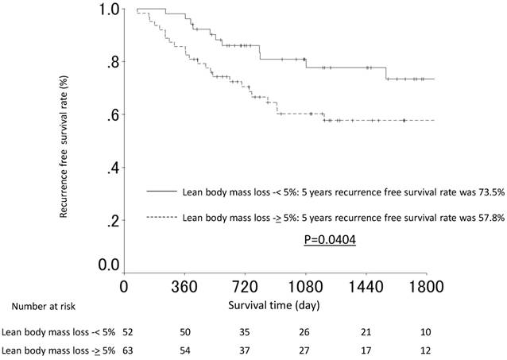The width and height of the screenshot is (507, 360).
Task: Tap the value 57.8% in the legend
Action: point(486,216)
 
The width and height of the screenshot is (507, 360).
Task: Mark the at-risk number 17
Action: point(366,349)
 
